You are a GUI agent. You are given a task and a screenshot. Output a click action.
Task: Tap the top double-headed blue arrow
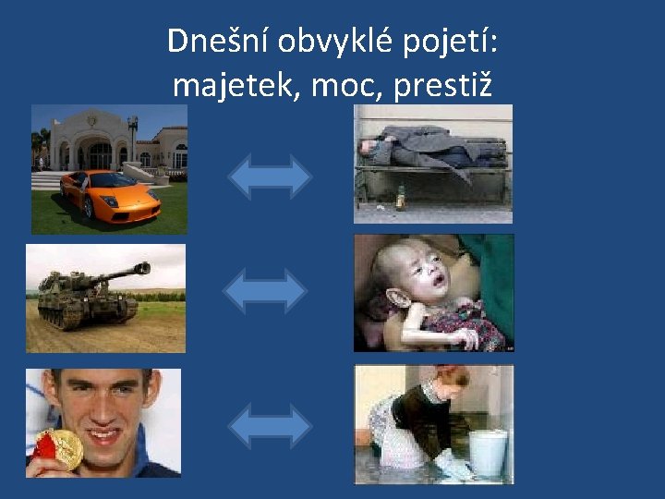270,177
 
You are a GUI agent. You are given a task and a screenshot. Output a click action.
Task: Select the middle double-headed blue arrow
265,291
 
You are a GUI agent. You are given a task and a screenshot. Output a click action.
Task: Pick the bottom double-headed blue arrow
270,426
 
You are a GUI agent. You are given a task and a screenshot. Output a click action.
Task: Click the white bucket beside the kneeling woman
487,451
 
